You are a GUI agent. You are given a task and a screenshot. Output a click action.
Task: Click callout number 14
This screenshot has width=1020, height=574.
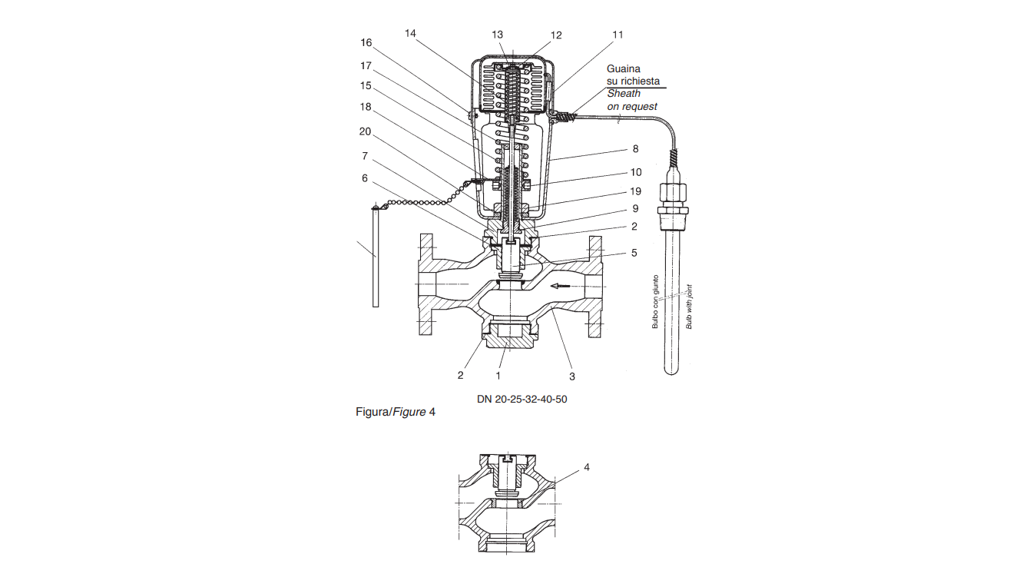(x=410, y=33)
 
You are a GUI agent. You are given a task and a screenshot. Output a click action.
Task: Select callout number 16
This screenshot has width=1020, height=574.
(x=366, y=42)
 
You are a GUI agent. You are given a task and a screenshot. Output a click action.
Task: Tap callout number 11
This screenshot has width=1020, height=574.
(x=618, y=35)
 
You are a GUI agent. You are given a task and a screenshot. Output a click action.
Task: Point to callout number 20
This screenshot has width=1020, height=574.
(x=365, y=131)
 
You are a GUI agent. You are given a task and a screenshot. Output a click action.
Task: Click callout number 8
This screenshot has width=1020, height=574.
(x=635, y=148)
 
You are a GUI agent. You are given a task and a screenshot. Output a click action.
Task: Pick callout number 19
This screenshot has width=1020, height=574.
(x=635, y=191)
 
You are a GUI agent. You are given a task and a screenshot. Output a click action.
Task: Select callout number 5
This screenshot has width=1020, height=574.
(x=634, y=253)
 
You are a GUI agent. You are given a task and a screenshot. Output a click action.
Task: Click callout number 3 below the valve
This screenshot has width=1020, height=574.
(x=572, y=377)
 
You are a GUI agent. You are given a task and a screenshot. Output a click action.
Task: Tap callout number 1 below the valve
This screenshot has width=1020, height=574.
(x=498, y=376)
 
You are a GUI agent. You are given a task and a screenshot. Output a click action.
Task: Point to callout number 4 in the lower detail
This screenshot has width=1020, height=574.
(x=587, y=467)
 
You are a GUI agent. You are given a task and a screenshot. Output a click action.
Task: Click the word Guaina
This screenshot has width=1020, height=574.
(x=624, y=69)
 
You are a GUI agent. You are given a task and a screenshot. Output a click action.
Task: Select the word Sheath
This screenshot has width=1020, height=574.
(x=624, y=94)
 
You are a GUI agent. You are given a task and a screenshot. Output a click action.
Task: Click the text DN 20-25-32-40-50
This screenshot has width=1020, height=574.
(x=522, y=399)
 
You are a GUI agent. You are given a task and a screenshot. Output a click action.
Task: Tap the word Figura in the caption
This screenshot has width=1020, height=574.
(x=371, y=413)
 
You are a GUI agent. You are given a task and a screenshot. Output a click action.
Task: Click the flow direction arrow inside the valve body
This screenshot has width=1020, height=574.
(x=560, y=286)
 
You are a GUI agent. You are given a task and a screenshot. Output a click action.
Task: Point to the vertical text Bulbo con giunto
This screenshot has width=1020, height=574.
(x=655, y=301)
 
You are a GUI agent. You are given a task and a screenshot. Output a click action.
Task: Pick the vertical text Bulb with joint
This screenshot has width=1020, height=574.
(x=689, y=307)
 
